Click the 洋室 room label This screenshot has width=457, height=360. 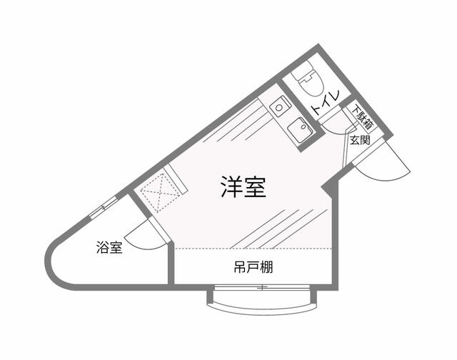[242, 187]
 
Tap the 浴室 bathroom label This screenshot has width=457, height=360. [109, 248]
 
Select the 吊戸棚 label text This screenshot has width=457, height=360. [253, 269]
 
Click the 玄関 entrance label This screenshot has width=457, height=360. [360, 140]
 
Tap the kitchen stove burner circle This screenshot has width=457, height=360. [279, 107]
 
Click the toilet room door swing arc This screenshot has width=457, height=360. [334, 122]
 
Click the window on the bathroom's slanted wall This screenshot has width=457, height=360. [103, 209]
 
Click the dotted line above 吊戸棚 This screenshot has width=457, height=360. [253, 248]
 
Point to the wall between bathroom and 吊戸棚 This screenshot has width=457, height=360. [171, 265]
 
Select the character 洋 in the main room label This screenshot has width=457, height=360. [229, 187]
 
